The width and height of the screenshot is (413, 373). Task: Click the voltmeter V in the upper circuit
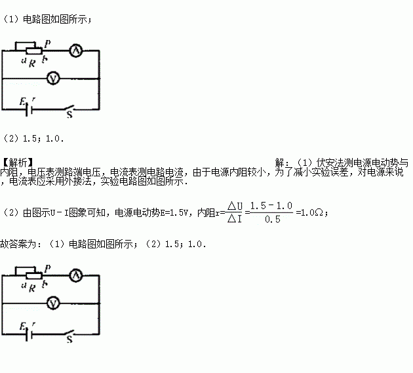point(55,78)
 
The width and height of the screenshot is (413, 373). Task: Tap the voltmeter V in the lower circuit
point(55,302)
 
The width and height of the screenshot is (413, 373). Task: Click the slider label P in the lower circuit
point(47,266)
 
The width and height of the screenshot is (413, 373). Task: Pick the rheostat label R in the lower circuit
point(32,287)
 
